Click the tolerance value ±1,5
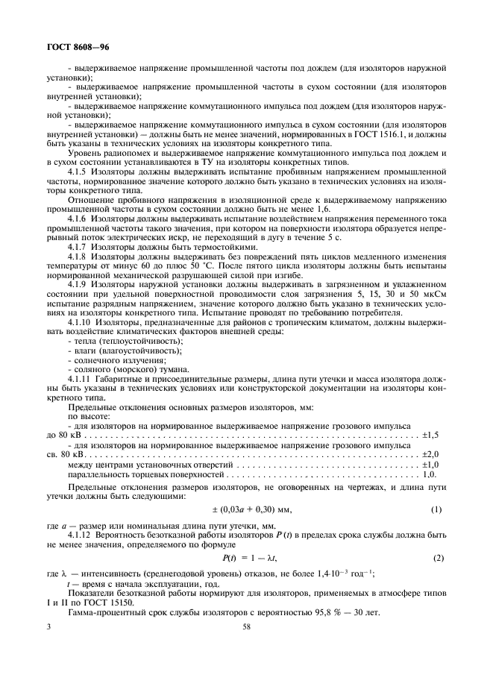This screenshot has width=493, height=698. pyautogui.click(x=431, y=434)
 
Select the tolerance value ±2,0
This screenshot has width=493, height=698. pyautogui.click(x=431, y=453)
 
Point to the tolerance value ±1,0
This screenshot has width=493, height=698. pyautogui.click(x=431, y=463)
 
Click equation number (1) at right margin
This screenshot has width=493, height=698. pyautogui.click(x=437, y=509)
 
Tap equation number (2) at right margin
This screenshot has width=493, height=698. pyautogui.click(x=437, y=558)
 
